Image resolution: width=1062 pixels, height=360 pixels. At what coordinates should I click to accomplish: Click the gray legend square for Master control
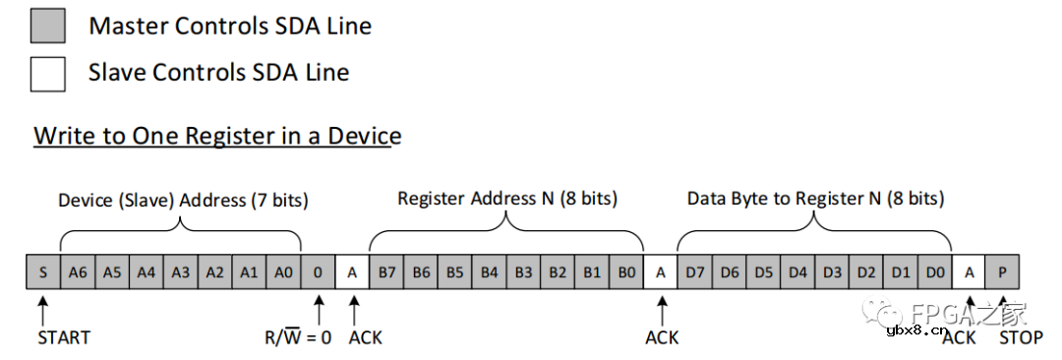47,26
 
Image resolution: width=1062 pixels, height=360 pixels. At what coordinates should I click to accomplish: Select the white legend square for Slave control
47,74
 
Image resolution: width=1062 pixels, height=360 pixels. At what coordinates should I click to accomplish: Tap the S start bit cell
42,272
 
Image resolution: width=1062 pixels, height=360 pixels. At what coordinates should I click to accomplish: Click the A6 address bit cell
78,272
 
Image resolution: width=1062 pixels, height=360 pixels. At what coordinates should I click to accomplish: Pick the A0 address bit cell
284,272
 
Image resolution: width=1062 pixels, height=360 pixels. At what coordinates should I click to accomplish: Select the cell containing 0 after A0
319,272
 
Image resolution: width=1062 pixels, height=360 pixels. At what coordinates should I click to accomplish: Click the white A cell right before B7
352,272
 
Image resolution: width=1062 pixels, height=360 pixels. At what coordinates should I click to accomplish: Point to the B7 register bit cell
386,272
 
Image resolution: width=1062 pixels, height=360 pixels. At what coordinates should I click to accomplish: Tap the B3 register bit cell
523,272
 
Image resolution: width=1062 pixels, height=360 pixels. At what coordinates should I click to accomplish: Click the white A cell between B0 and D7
661,272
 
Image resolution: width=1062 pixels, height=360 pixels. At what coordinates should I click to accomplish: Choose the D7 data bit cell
695,272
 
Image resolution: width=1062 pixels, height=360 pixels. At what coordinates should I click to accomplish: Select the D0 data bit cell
935,272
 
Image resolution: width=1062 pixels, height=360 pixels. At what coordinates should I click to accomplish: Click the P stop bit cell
1003,272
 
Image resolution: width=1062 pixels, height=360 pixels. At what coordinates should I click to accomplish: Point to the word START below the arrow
64,337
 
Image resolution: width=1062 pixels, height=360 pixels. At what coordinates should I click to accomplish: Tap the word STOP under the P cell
1021,337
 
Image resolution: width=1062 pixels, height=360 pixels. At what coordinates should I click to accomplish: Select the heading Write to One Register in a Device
217,136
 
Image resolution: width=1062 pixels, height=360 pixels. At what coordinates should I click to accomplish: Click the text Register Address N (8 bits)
506,199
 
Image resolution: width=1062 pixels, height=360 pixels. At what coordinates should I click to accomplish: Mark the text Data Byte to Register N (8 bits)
815,199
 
